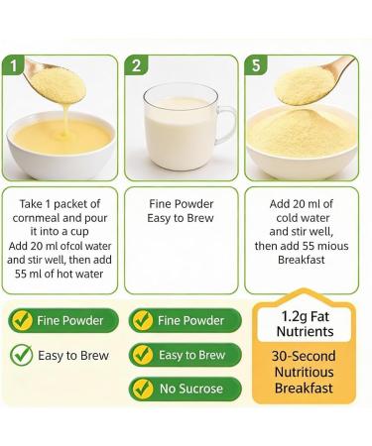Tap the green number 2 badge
tap(138, 67)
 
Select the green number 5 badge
tap(256, 67)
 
